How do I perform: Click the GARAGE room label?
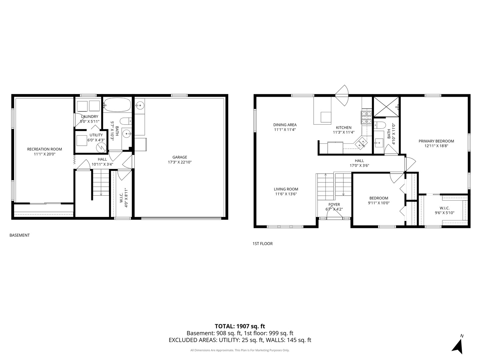tap(180, 157)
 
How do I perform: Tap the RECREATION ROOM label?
tap(44, 149)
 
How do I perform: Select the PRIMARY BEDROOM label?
tap(436, 141)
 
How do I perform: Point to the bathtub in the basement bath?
tap(117, 105)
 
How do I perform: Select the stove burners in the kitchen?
tap(366, 117)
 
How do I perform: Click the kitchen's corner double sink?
tap(361, 143)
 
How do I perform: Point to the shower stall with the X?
tap(386, 107)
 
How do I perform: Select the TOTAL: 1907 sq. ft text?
tap(240, 326)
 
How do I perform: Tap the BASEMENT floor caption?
tap(19, 235)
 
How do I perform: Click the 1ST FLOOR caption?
tap(262, 243)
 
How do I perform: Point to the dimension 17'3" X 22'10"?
tap(180, 162)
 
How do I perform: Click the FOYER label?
tap(334, 205)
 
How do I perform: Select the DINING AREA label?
tap(285, 125)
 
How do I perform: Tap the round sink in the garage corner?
tap(140, 106)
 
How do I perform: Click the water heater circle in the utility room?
tap(101, 147)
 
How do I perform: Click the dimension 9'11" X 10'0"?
tap(379, 203)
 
